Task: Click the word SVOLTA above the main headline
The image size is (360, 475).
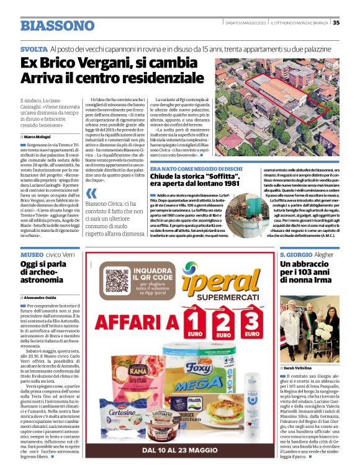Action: click(34, 49)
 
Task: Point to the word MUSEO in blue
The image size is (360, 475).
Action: click(32, 255)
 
